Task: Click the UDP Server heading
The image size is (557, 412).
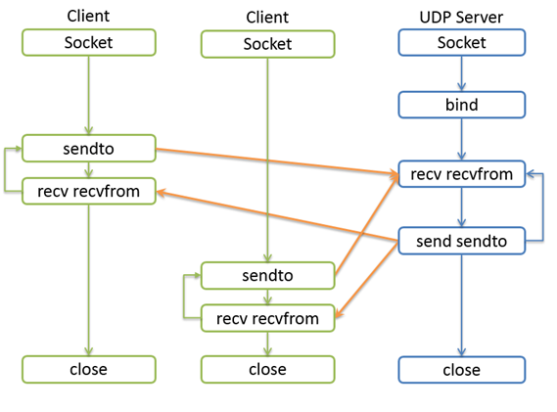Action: tap(461, 17)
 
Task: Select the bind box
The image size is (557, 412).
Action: tap(462, 105)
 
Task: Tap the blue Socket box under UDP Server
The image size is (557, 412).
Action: tap(462, 43)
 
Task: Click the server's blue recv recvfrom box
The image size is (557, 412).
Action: tap(462, 174)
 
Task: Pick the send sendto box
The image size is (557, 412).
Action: tap(462, 241)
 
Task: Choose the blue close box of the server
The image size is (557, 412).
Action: tap(462, 370)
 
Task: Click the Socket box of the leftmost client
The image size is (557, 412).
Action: tap(89, 43)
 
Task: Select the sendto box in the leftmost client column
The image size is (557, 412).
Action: tap(89, 149)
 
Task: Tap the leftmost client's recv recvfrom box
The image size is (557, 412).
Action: tap(89, 192)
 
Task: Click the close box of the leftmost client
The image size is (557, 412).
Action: tap(89, 369)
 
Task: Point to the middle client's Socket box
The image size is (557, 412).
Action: tap(268, 44)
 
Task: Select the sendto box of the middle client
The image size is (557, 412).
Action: tap(268, 276)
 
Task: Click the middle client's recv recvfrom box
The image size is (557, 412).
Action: tap(268, 318)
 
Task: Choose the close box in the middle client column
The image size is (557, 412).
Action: tap(268, 369)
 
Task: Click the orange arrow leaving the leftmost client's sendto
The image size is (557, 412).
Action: tap(277, 161)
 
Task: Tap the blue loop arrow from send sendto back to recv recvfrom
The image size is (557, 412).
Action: tap(542, 207)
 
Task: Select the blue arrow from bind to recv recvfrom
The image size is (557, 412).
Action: tap(461, 139)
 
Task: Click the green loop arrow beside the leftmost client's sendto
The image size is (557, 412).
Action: tap(5, 169)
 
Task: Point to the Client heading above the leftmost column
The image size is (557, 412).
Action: tap(88, 16)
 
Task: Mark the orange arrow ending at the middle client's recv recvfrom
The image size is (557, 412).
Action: tap(366, 279)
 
